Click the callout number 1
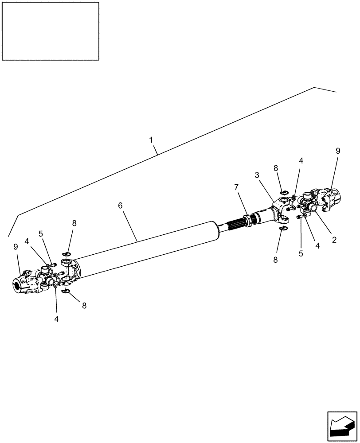pos(151,140)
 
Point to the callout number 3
pos(257,175)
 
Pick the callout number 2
pos(334,240)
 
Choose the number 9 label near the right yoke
pos(338,151)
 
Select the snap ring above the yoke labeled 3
pos(283,192)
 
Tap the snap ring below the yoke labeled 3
pos(283,229)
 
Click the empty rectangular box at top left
pos(50,31)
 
